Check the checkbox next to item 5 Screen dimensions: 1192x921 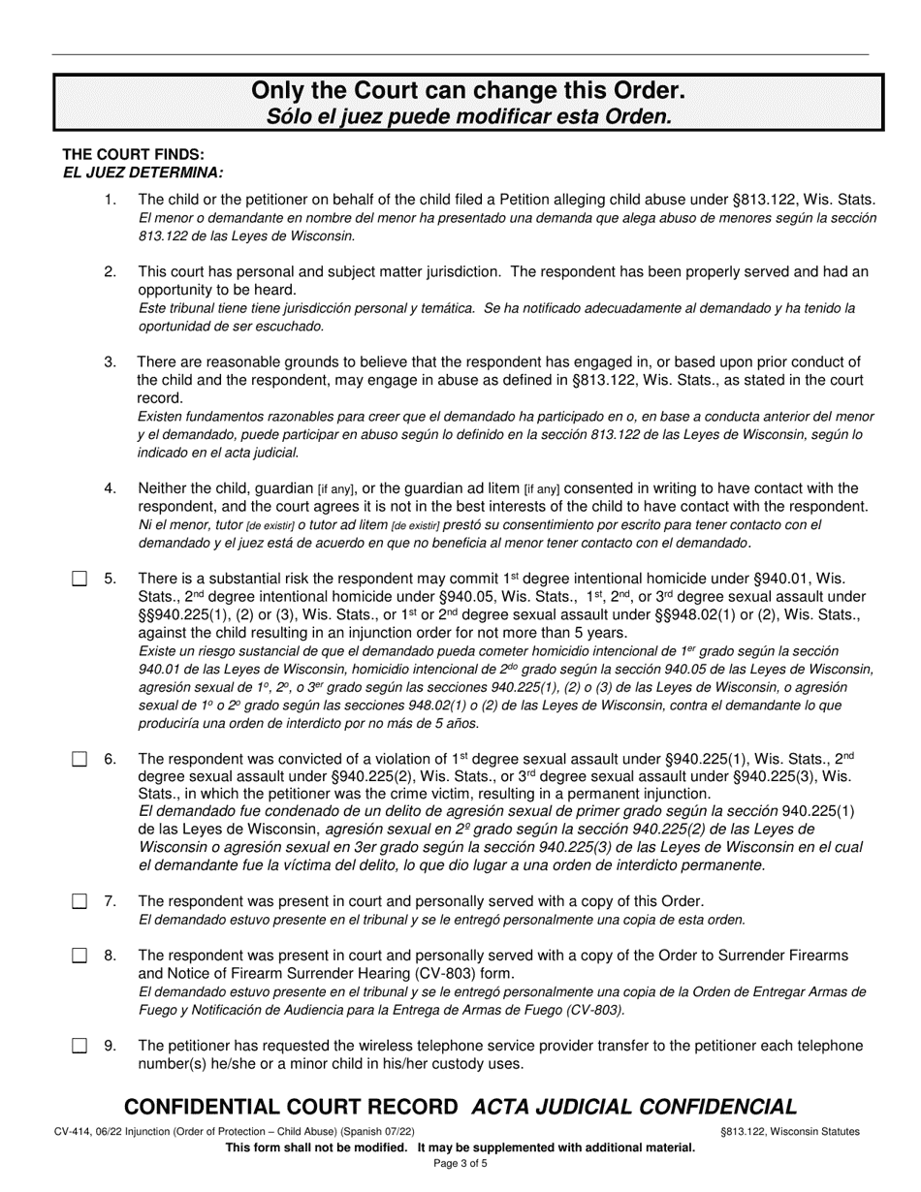tap(79, 580)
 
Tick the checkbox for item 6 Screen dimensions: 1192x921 tap(79, 760)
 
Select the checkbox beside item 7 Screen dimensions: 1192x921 tap(79, 902)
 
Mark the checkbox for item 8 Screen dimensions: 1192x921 tap(79, 957)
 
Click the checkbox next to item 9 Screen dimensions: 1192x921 tap(79, 1047)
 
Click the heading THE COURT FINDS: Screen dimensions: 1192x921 tap(133, 155)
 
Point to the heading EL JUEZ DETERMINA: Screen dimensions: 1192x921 tap(143, 173)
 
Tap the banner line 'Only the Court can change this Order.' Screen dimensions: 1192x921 tap(468, 91)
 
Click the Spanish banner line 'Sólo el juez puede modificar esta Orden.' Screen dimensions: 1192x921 tap(468, 116)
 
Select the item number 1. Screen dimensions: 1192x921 tap(111, 200)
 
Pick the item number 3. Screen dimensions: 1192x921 tap(111, 362)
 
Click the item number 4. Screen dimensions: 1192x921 tap(111, 488)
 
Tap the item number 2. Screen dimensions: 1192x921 tap(111, 272)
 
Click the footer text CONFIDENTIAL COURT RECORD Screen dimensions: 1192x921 tap(291, 1107)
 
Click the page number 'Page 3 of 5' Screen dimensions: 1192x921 tap(460, 1164)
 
